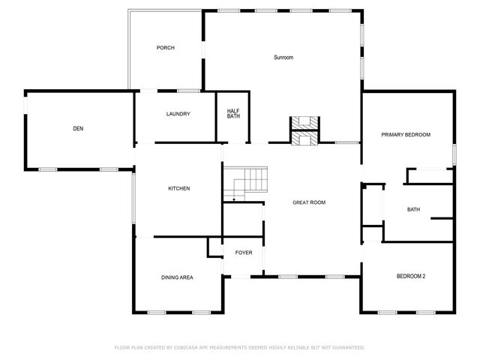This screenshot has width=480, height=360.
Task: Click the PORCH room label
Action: [165, 48]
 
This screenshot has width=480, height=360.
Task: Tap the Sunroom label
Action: [283, 58]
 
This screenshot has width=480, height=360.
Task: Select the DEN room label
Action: [78, 129]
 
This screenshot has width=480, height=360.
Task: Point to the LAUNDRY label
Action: [178, 114]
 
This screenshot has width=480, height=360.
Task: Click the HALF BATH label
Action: [233, 114]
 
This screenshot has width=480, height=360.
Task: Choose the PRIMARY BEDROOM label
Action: [406, 135]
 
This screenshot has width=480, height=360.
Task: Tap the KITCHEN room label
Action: [178, 188]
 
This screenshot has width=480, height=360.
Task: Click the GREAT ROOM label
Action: [309, 202]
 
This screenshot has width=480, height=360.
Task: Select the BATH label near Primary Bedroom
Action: [413, 210]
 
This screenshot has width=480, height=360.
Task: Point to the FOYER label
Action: [244, 253]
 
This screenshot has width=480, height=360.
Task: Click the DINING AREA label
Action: [177, 277]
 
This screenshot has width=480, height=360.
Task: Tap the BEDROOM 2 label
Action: [410, 277]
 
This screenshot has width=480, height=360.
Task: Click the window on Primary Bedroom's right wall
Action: [454, 152]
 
